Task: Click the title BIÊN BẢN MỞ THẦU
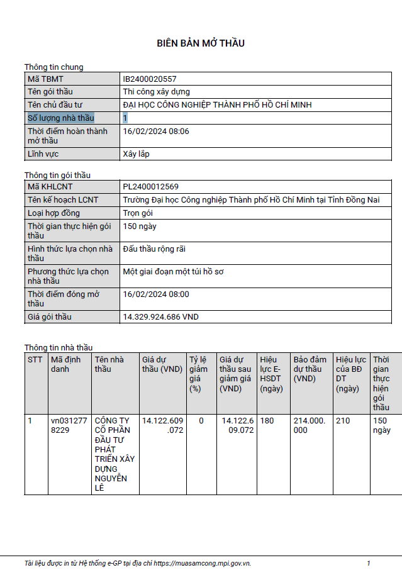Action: click(201, 43)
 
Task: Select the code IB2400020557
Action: click(150, 79)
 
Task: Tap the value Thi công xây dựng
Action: click(156, 92)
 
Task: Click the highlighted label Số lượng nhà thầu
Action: click(61, 118)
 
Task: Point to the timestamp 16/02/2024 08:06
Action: click(156, 131)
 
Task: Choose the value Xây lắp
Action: click(137, 154)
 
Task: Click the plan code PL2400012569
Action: click(151, 187)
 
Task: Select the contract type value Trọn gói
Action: click(139, 213)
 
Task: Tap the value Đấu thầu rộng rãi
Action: click(154, 249)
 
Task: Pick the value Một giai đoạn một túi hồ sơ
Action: click(174, 272)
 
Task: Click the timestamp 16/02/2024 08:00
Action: click(156, 294)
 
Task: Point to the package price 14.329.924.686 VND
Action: click(160, 317)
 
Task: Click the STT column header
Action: click(35, 360)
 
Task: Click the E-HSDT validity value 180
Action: click(267, 421)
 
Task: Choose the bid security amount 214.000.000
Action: click(310, 425)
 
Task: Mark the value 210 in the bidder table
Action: click(343, 421)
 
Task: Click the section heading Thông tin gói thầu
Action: click(57, 175)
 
